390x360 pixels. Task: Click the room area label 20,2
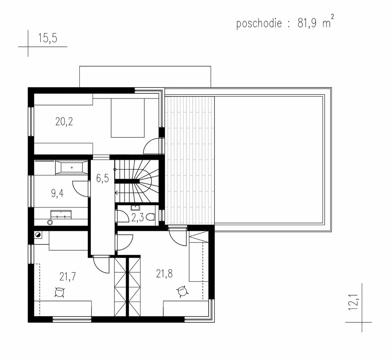point(64,122)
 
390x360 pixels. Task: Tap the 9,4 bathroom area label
point(57,193)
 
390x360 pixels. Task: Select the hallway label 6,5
point(102,178)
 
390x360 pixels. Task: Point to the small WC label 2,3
point(137,218)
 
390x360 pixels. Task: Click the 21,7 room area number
point(68,277)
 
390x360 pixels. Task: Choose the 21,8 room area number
point(164,274)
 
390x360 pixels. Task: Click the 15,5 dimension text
point(47,38)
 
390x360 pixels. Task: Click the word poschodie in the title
point(259,24)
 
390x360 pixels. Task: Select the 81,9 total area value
point(307,24)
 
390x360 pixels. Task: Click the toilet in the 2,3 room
point(151,217)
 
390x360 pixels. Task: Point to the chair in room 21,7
point(60,292)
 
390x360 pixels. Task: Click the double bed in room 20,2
point(127,118)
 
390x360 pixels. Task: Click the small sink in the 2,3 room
point(135,208)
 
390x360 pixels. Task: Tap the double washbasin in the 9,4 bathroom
point(61,215)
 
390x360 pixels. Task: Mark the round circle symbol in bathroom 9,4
point(50,222)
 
